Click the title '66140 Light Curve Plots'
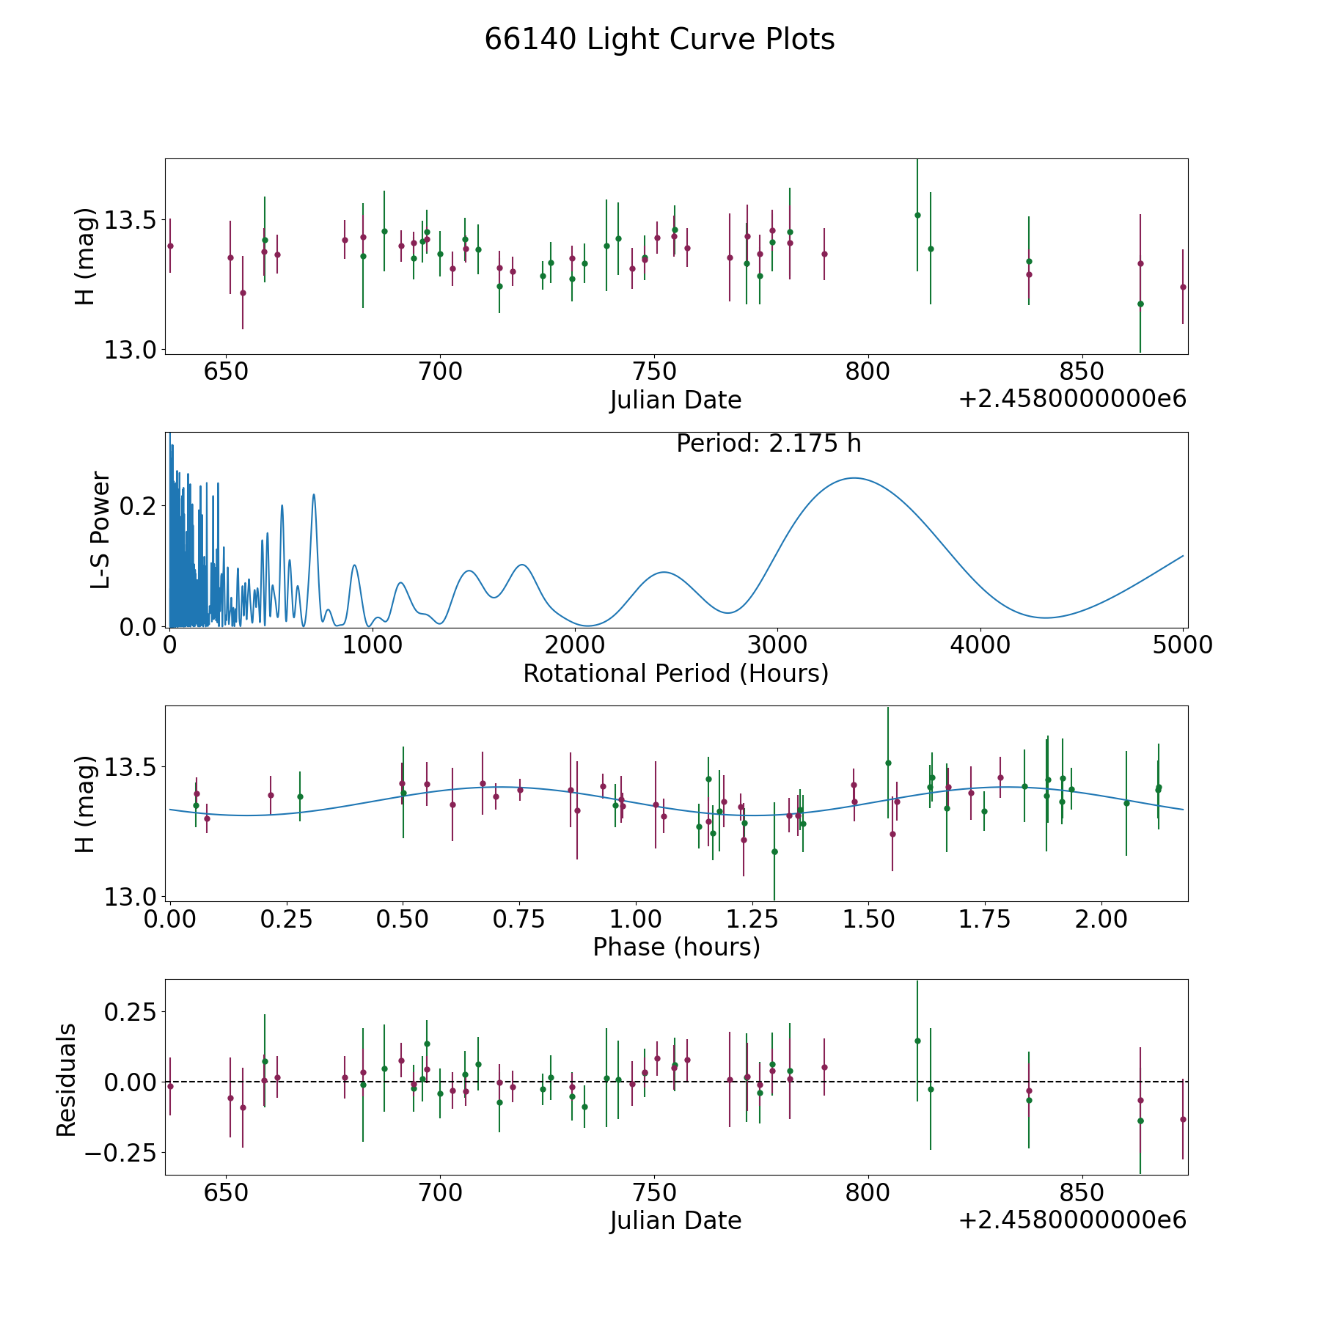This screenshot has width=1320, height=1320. (659, 40)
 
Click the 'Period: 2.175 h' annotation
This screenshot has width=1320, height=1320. (769, 444)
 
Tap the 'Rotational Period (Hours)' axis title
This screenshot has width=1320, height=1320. (675, 673)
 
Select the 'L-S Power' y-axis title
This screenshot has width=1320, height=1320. (100, 530)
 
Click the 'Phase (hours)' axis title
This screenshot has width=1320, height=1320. (676, 947)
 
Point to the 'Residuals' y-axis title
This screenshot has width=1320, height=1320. (66, 1080)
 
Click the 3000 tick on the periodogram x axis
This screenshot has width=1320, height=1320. (777, 645)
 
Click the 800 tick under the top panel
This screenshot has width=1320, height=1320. (868, 372)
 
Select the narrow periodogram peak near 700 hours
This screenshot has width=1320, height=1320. (314, 494)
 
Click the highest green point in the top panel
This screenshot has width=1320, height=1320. (917, 215)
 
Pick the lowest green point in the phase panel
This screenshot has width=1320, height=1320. (774, 851)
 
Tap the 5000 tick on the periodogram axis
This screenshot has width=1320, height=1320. (1183, 645)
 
